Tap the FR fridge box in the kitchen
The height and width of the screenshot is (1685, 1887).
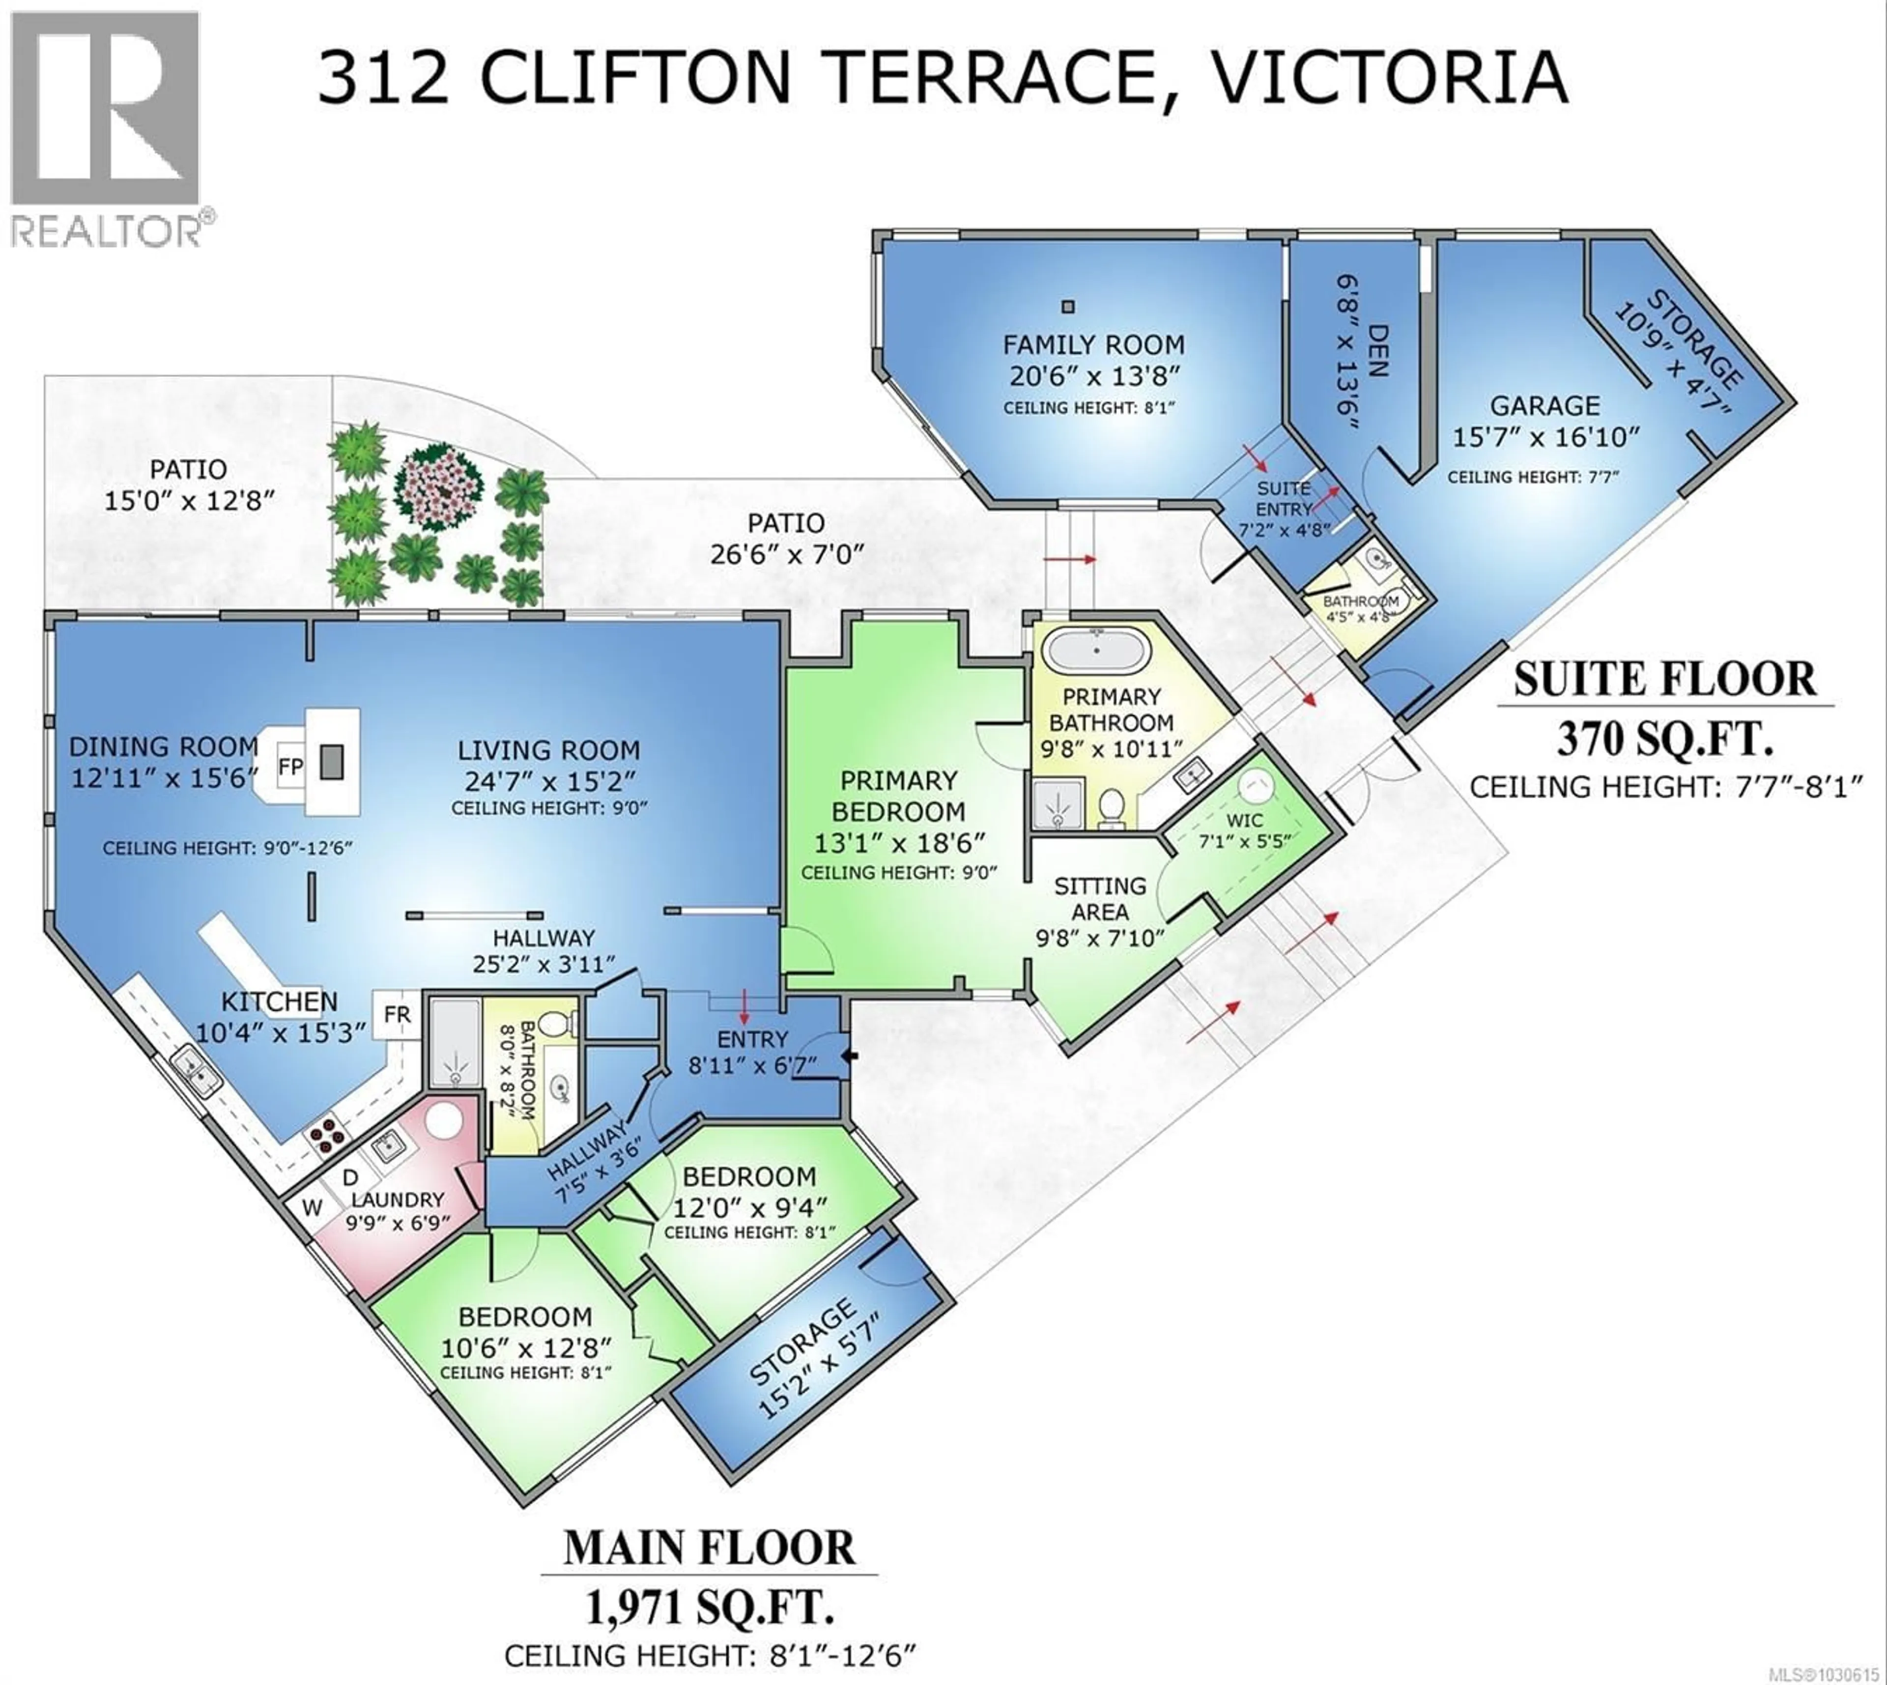(x=397, y=1015)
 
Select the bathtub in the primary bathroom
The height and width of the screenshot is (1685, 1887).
(x=1097, y=651)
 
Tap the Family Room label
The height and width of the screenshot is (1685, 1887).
(x=1093, y=345)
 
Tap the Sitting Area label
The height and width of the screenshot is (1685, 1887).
(x=1100, y=899)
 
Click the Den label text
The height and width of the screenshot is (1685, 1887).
(x=1377, y=350)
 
